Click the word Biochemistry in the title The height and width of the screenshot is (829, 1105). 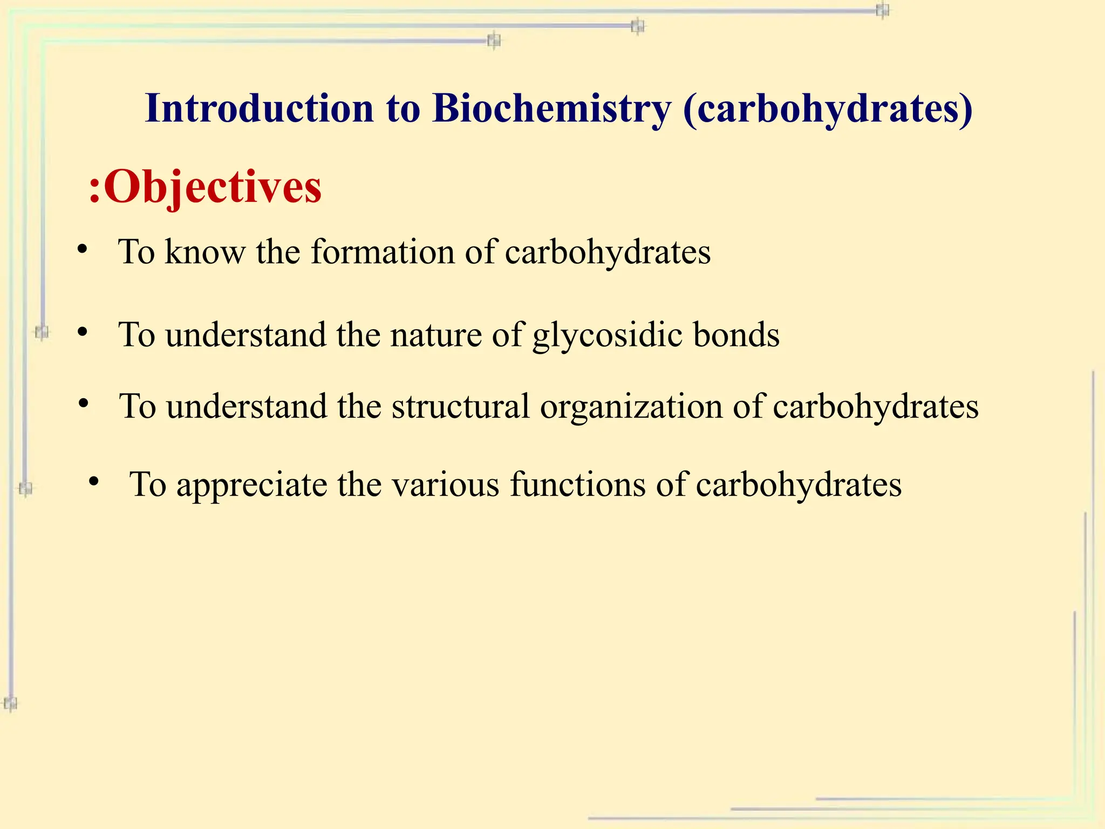point(551,108)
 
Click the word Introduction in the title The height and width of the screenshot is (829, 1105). point(260,108)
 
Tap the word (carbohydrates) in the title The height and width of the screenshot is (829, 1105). point(828,110)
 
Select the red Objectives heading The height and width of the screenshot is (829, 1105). point(213,187)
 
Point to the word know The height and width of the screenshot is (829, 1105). point(204,252)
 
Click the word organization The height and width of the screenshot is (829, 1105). point(631,407)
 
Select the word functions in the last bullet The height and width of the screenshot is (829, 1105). point(577,484)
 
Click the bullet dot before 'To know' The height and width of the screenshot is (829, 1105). point(82,249)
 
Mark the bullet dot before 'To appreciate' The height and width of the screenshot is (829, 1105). point(94,481)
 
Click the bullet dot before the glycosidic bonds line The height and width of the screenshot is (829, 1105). point(82,332)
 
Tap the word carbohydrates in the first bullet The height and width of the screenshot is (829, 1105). point(608,252)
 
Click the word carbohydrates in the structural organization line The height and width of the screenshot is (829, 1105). point(875,407)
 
